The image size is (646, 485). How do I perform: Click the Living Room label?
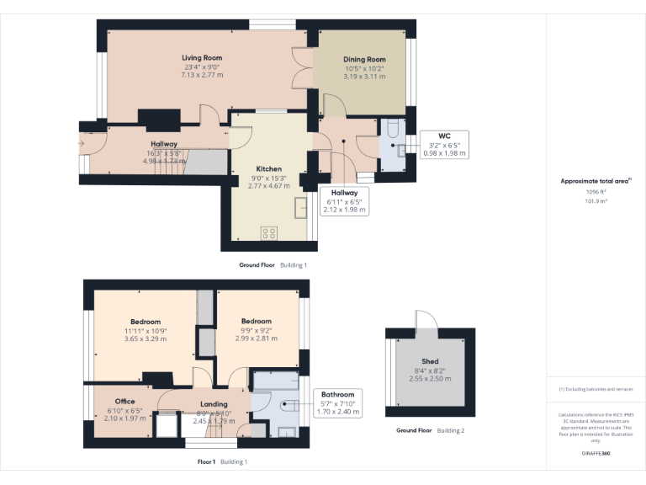tap(202, 58)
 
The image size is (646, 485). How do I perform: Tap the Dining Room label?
tap(364, 60)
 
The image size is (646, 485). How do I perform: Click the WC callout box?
tap(444, 144)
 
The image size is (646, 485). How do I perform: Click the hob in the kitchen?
tap(270, 233)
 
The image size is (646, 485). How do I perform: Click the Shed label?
tap(430, 360)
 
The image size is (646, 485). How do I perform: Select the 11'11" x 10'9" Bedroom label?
tap(146, 322)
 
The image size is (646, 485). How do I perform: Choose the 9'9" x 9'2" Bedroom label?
tap(256, 322)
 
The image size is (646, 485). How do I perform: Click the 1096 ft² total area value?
tap(596, 191)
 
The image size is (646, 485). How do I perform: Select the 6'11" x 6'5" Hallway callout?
tap(344, 202)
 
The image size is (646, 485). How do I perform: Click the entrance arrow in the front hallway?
tap(81, 145)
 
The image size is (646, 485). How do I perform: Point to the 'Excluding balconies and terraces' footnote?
tap(596, 389)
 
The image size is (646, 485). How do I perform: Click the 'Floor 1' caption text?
tap(207, 461)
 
